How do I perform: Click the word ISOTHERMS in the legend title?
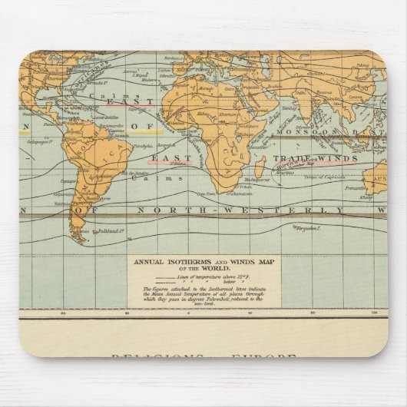[183, 263]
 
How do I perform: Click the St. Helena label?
[181, 162]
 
